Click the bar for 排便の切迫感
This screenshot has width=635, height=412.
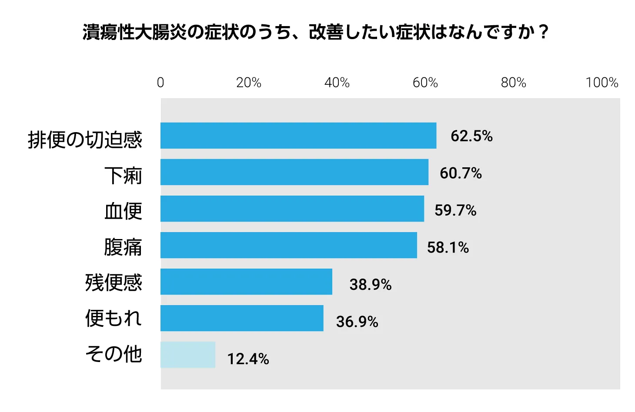pyautogui.click(x=298, y=136)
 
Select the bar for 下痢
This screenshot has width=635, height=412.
pyautogui.click(x=294, y=172)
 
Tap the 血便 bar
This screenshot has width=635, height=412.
pyautogui.click(x=292, y=209)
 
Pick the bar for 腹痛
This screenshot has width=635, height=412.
pyautogui.click(x=289, y=245)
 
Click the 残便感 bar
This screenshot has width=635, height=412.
pyautogui.click(x=246, y=282)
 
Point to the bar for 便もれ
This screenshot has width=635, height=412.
pyautogui.click(x=242, y=318)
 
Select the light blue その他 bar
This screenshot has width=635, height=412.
pyautogui.click(x=187, y=355)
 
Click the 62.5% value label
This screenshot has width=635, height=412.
pyautogui.click(x=472, y=136)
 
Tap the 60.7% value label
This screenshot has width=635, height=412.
pyautogui.click(x=461, y=173)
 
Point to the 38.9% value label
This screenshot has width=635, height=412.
pyautogui.click(x=371, y=285)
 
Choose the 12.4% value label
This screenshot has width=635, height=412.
pyautogui.click(x=248, y=359)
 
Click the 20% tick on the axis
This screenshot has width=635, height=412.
pyautogui.click(x=249, y=83)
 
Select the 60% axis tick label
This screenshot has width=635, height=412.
pyautogui.click(x=425, y=83)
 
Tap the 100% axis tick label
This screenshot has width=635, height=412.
pyautogui.click(x=602, y=83)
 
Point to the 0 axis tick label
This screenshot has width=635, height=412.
pyautogui.click(x=160, y=83)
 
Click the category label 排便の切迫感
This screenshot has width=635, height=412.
pyautogui.click(x=85, y=140)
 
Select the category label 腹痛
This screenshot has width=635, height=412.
pyautogui.click(x=123, y=247)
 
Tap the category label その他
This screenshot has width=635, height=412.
pyautogui.click(x=114, y=354)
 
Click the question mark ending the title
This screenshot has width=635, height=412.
pyautogui.click(x=544, y=32)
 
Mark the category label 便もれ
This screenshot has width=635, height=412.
pyautogui.click(x=114, y=318)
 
